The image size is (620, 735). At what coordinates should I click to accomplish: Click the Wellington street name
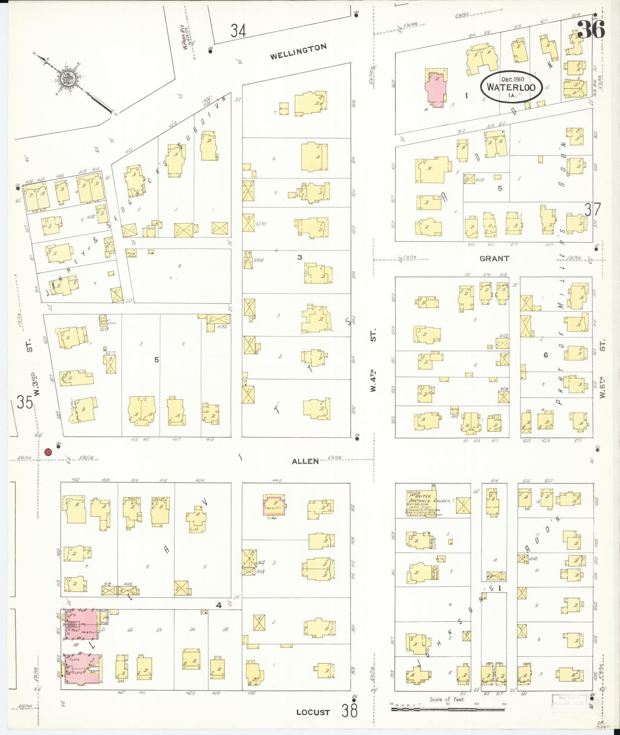298,51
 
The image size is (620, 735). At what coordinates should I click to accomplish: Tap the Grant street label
494,259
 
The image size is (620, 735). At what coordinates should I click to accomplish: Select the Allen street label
305,461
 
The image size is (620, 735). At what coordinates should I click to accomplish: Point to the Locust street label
313,712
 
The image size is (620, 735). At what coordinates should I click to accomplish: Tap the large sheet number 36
591,29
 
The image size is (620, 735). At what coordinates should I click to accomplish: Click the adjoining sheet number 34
238,30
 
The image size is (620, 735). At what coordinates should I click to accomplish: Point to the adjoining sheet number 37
592,210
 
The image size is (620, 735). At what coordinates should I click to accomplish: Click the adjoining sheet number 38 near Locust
349,710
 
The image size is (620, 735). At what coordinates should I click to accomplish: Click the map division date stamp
568,701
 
